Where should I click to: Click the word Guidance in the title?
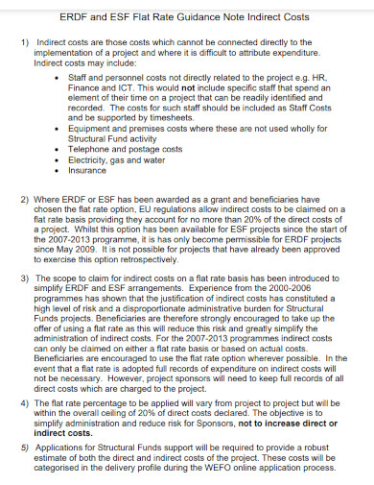[x=185, y=17]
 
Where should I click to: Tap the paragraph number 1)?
[x=24, y=42]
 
